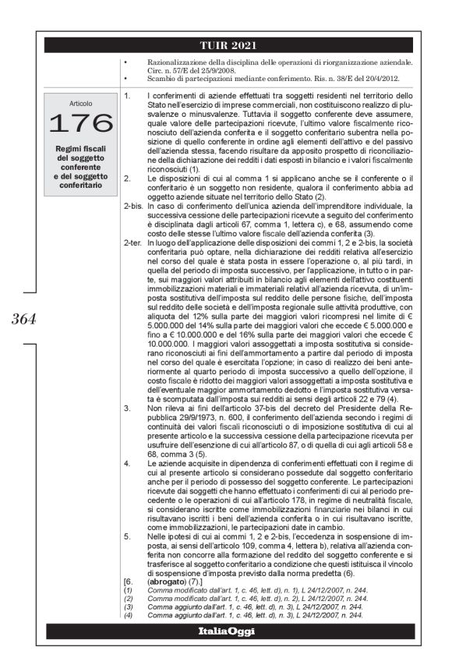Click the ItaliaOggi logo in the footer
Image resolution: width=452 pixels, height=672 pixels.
(226, 630)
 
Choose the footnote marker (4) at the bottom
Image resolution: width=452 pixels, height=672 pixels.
(129, 614)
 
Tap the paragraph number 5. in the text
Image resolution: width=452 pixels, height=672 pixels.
(126, 537)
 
